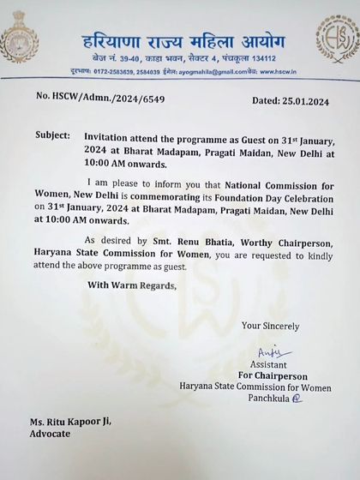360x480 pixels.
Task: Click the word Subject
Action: [x=54, y=136]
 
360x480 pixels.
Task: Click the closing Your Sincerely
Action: [x=270, y=325]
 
